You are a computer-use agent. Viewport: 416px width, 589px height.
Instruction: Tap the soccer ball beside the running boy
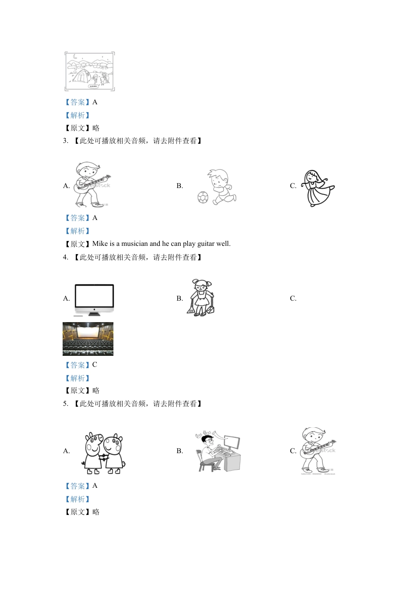pyautogui.click(x=203, y=197)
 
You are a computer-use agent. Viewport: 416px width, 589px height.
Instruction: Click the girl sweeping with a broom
pyautogui.click(x=201, y=298)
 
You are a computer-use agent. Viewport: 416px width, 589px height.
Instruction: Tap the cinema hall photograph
pyautogui.click(x=88, y=339)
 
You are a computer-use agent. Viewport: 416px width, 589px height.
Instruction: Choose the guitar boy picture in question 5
pyautogui.click(x=318, y=451)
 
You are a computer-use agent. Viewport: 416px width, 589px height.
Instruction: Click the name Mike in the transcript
pyautogui.click(x=100, y=244)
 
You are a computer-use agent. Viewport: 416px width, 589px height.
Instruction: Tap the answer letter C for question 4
pyautogui.click(x=95, y=365)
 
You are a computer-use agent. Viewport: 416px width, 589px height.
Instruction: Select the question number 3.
pyautogui.click(x=66, y=141)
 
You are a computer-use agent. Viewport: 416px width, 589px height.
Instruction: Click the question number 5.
pyautogui.click(x=66, y=404)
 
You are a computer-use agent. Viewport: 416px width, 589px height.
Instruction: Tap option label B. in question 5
pyautogui.click(x=180, y=451)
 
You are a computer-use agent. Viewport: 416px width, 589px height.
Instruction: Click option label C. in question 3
pyautogui.click(x=293, y=186)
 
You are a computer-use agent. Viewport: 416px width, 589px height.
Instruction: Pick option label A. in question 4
pyautogui.click(x=67, y=298)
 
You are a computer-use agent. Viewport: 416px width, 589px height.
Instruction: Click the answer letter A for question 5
pyautogui.click(x=95, y=486)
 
